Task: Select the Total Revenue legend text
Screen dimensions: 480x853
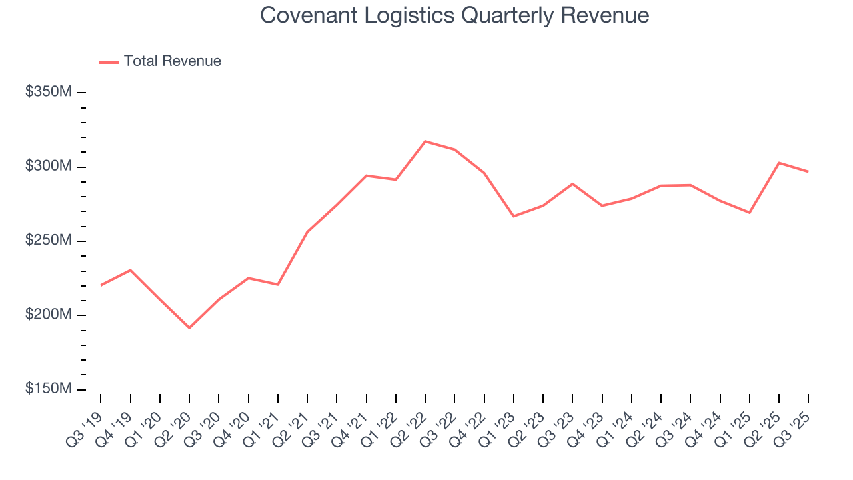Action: pyautogui.click(x=172, y=61)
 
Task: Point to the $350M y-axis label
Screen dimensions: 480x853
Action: pyautogui.click(x=48, y=92)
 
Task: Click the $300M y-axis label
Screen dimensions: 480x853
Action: pyautogui.click(x=48, y=166)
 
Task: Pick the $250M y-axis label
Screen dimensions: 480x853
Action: pyautogui.click(x=48, y=241)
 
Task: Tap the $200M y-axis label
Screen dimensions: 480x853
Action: pyautogui.click(x=48, y=315)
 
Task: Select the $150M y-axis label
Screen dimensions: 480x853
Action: pyautogui.click(x=48, y=389)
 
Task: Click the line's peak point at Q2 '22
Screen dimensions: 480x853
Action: pyautogui.click(x=425, y=141)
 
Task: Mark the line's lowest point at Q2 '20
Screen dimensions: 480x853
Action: pyautogui.click(x=189, y=328)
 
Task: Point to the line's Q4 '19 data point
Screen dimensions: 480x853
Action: pyautogui.click(x=130, y=270)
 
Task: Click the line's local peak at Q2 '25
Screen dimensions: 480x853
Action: pyautogui.click(x=779, y=163)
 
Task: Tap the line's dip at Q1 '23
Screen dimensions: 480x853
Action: pyautogui.click(x=514, y=216)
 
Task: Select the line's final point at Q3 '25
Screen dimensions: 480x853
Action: pyautogui.click(x=808, y=172)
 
